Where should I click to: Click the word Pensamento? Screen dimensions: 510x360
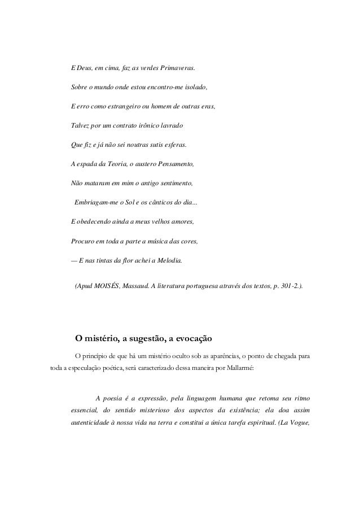click(x=174, y=165)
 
